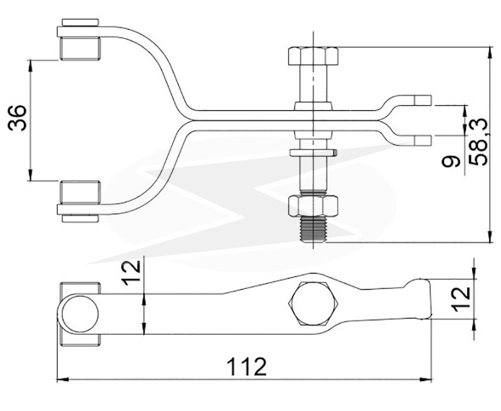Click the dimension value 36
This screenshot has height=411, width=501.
[18, 118]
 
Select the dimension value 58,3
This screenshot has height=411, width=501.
[478, 141]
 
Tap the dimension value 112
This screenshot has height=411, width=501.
[246, 367]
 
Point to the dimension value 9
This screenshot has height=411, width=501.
[451, 161]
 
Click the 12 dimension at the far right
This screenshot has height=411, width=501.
[462, 299]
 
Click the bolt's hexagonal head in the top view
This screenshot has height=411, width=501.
[313, 56]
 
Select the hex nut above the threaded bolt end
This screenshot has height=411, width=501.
[313, 205]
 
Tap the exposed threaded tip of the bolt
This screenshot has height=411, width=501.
[313, 228]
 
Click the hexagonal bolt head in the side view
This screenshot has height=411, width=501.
[313, 305]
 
